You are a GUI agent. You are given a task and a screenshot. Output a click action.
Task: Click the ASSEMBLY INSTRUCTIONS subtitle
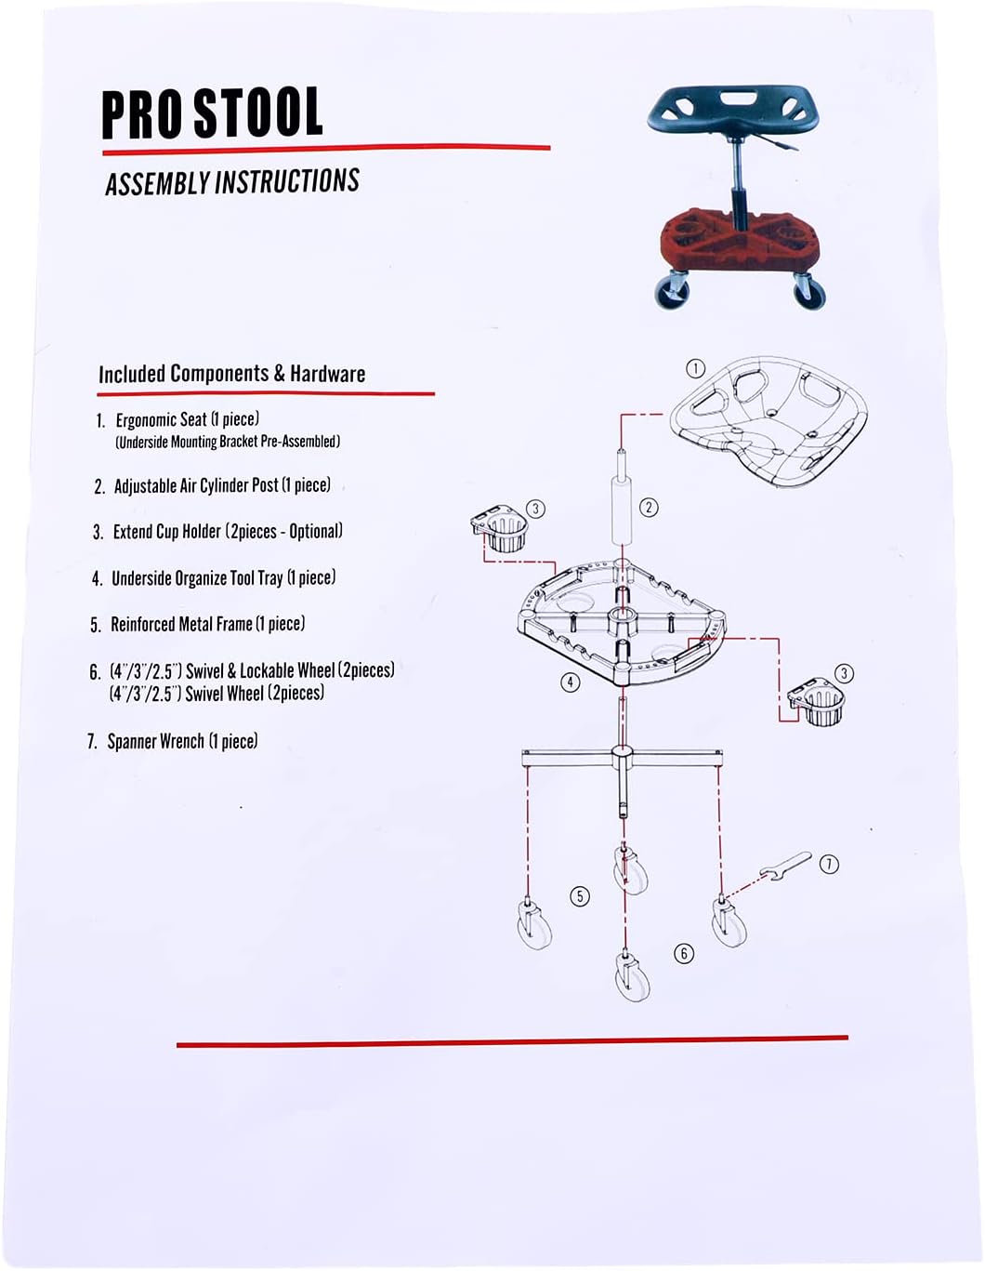tap(232, 182)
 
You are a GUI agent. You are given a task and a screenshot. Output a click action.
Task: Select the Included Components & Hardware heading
tap(231, 374)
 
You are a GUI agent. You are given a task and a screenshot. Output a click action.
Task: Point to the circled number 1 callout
tap(695, 368)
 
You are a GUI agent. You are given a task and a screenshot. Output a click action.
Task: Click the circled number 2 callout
tap(649, 507)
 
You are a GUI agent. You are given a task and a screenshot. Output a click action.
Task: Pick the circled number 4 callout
tap(571, 682)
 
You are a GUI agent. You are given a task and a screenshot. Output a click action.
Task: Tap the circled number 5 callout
tap(580, 895)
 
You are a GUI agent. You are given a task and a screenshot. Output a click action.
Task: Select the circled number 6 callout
tap(684, 953)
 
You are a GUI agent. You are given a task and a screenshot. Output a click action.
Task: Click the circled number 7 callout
tap(829, 864)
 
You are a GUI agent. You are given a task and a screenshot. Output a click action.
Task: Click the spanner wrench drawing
tap(785, 866)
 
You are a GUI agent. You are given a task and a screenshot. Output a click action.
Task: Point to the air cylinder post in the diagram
tap(621, 510)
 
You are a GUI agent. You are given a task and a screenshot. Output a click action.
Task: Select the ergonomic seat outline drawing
tap(770, 417)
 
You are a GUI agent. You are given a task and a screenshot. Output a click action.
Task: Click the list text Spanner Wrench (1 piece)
tap(182, 741)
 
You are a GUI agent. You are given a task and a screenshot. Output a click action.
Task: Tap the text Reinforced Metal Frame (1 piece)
tap(207, 624)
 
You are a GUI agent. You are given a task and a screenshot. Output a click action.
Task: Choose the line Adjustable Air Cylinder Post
tap(221, 485)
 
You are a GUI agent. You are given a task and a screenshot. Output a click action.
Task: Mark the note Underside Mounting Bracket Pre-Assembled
tap(228, 442)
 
